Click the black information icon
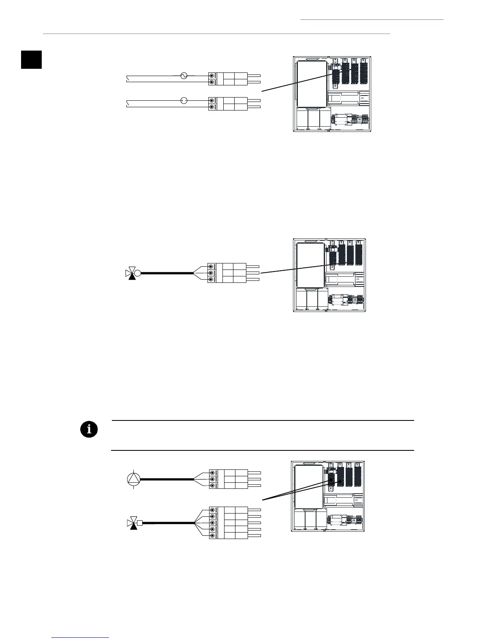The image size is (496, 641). (x=89, y=429)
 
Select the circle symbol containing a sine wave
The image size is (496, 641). (x=184, y=76)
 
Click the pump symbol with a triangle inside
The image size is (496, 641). (x=133, y=479)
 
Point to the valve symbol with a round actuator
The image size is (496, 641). (x=133, y=273)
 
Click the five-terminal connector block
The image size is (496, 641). (x=229, y=523)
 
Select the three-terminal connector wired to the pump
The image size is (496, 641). (x=229, y=479)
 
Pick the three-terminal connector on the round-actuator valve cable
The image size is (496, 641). (x=227, y=273)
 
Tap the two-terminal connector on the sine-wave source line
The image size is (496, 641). (x=228, y=79)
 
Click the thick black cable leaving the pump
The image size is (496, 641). (x=166, y=479)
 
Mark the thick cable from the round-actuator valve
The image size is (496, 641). (x=166, y=273)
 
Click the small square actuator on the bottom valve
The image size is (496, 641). (x=140, y=523)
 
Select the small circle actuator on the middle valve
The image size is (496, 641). (x=138, y=273)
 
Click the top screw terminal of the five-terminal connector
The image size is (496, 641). (x=212, y=510)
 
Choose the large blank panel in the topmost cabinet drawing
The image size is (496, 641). (x=312, y=84)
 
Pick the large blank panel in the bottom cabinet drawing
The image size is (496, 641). (x=308, y=486)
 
